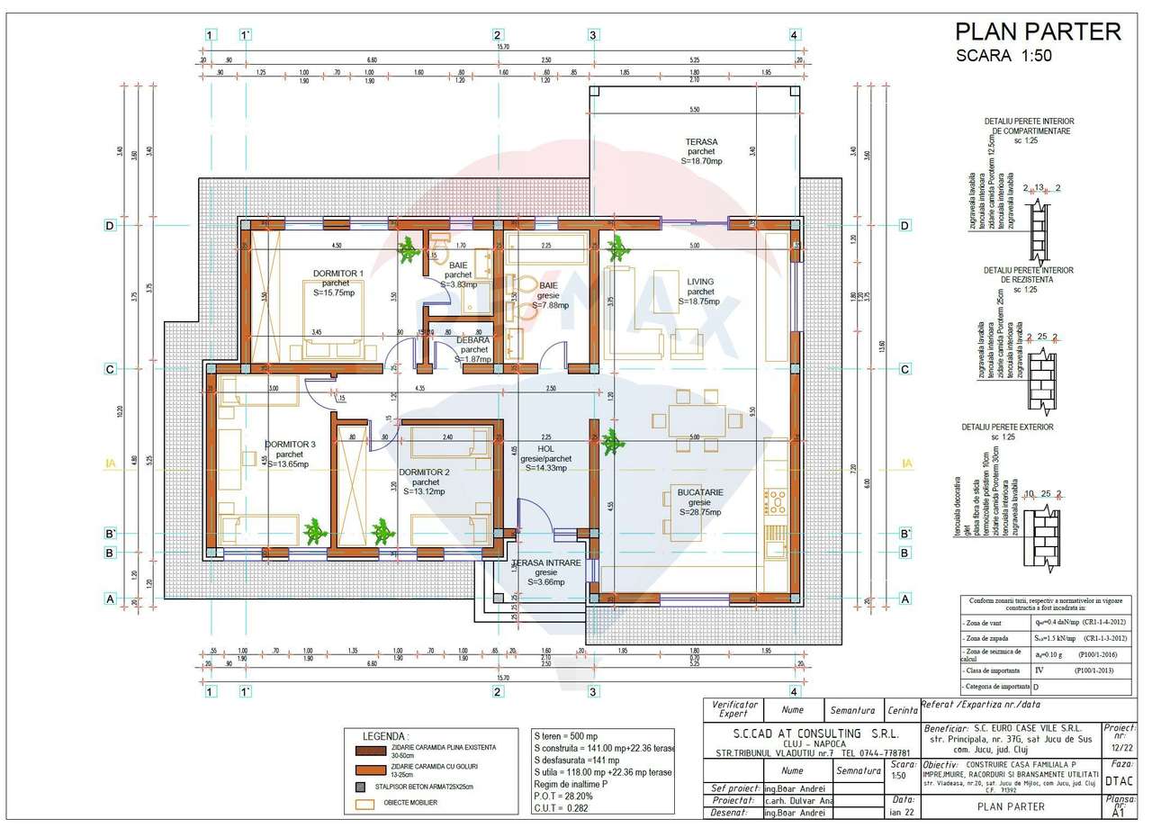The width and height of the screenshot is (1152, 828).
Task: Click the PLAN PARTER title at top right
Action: pos(1037,32)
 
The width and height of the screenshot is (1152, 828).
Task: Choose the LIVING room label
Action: pos(700,281)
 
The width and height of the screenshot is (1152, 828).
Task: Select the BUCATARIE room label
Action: pos(700,492)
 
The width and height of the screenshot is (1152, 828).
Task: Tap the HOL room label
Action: pos(545,448)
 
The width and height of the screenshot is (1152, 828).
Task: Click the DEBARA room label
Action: pos(472,340)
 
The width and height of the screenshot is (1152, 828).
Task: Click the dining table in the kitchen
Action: pos(688,420)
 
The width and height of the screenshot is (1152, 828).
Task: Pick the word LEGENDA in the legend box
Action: pos(385,735)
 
